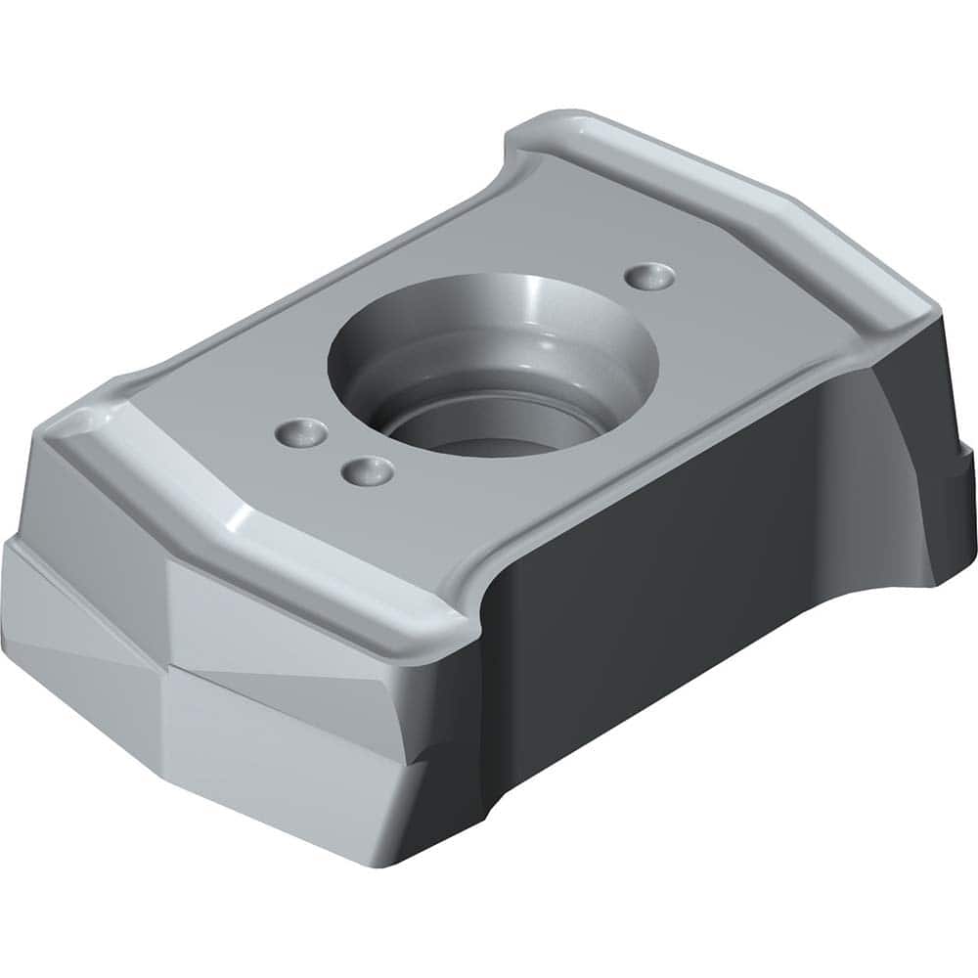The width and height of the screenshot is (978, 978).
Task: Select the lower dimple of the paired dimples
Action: [368, 471]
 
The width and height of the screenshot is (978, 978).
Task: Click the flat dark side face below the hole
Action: [665, 587]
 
